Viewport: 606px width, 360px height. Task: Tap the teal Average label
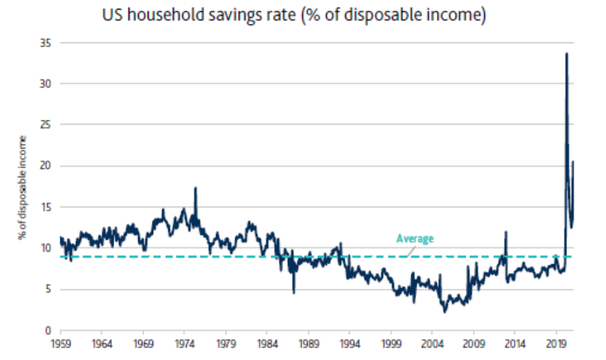[415, 239]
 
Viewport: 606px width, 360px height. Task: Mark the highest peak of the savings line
[566, 54]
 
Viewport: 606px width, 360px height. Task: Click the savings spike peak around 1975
[196, 188]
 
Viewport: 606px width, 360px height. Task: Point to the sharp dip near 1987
[293, 292]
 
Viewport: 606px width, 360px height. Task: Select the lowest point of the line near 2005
[445, 312]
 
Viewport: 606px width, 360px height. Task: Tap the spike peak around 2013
[506, 232]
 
